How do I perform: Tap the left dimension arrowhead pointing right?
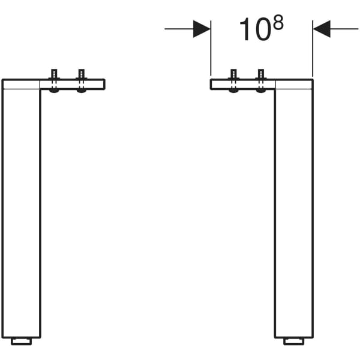202,29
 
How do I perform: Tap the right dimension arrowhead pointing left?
322,29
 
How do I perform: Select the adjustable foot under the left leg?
22,341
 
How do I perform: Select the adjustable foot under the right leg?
294,341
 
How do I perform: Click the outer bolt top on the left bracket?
54,74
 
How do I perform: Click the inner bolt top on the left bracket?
82,74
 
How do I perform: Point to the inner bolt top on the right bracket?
233,74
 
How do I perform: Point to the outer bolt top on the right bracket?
261,74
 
